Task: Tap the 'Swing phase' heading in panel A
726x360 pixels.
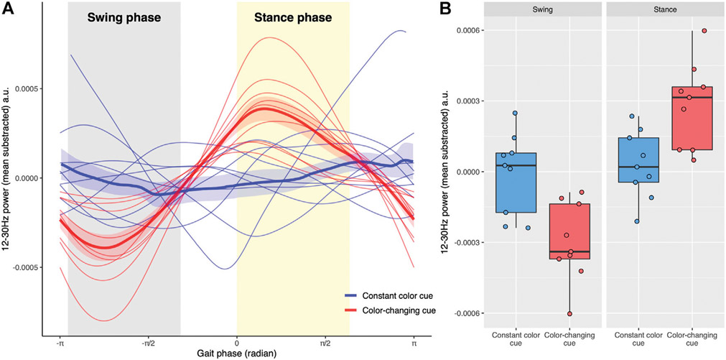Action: click(x=124, y=18)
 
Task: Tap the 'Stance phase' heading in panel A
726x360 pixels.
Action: click(x=294, y=18)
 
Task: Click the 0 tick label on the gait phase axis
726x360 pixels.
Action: click(x=237, y=343)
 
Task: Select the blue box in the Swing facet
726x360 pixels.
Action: click(x=515, y=183)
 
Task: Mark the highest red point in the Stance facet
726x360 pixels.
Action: click(x=704, y=31)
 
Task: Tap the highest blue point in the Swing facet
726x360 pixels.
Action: click(x=515, y=114)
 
